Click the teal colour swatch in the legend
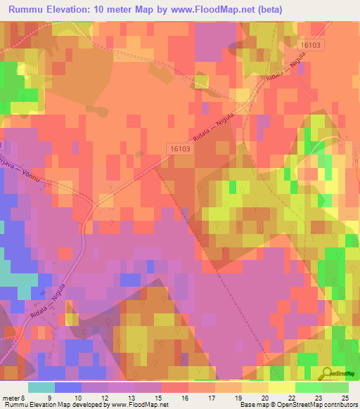[41, 387]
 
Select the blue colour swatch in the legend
[68, 387]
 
